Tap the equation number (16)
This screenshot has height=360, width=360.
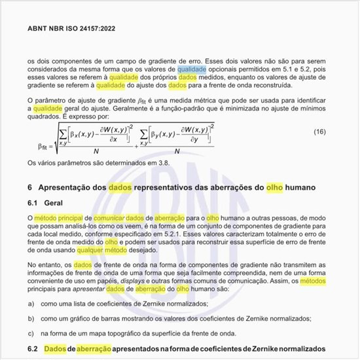tap(319, 132)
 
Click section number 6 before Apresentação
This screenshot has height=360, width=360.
tap(30, 187)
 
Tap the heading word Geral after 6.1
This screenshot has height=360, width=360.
tap(53, 204)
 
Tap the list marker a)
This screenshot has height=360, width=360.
tap(31, 304)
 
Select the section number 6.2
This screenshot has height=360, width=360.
tap(33, 350)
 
